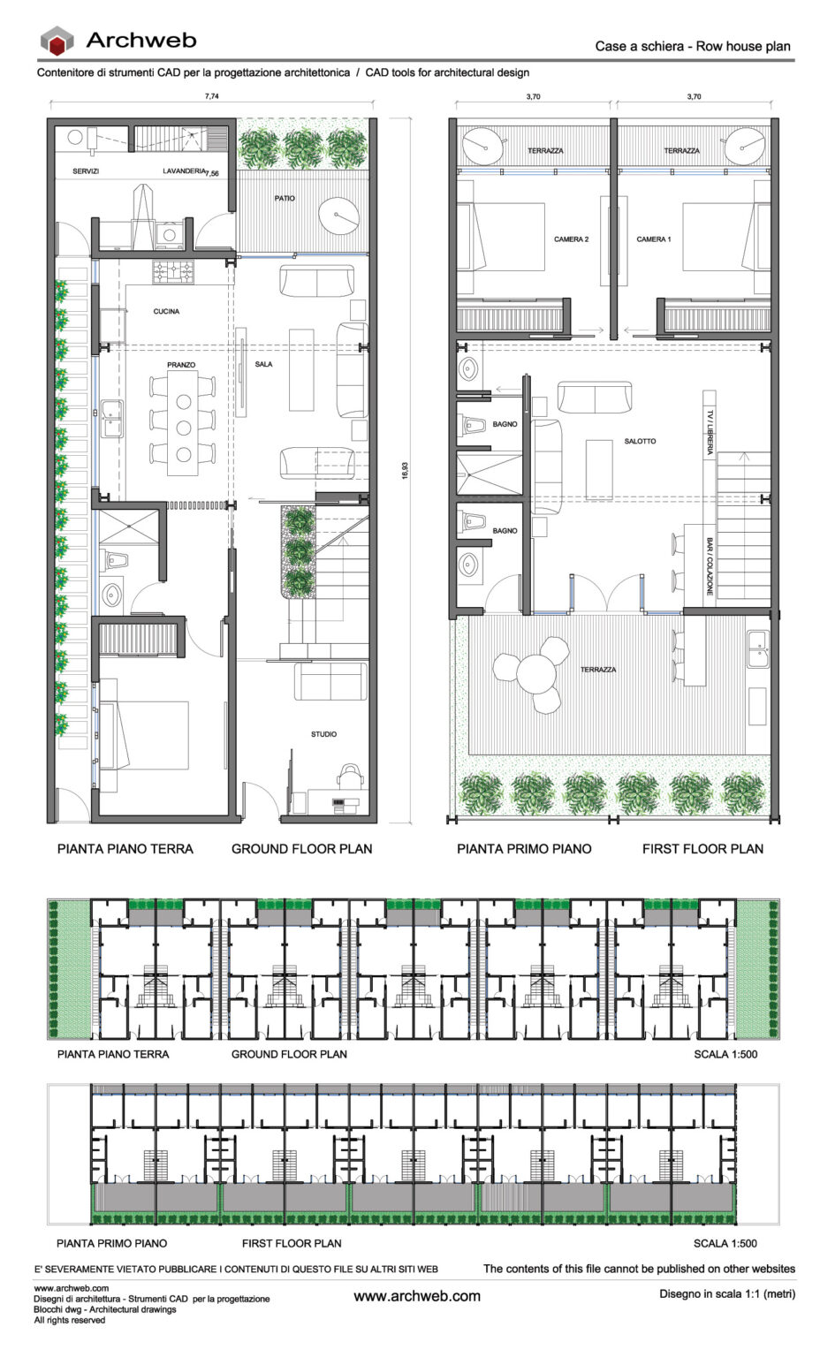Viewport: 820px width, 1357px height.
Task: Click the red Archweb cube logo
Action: click(x=57, y=41)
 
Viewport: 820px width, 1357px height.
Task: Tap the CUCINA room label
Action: click(x=166, y=311)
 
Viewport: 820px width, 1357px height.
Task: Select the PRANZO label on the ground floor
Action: click(x=181, y=365)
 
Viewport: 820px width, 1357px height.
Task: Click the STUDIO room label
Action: click(x=323, y=734)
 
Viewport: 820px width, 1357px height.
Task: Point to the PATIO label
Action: click(x=285, y=199)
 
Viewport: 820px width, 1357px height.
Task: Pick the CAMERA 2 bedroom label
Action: click(x=571, y=239)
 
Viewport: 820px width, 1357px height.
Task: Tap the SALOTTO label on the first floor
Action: click(x=640, y=441)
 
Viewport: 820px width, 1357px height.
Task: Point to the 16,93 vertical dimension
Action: click(x=405, y=470)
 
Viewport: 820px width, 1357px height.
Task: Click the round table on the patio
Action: click(x=338, y=216)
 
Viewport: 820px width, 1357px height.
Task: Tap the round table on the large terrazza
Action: click(x=536, y=677)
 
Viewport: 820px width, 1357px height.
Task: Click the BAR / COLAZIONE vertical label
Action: click(x=709, y=565)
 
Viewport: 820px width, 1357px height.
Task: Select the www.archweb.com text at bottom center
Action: click(x=417, y=1296)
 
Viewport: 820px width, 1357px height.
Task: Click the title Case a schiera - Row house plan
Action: click(x=692, y=46)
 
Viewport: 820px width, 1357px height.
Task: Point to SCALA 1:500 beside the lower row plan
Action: click(x=725, y=1243)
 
